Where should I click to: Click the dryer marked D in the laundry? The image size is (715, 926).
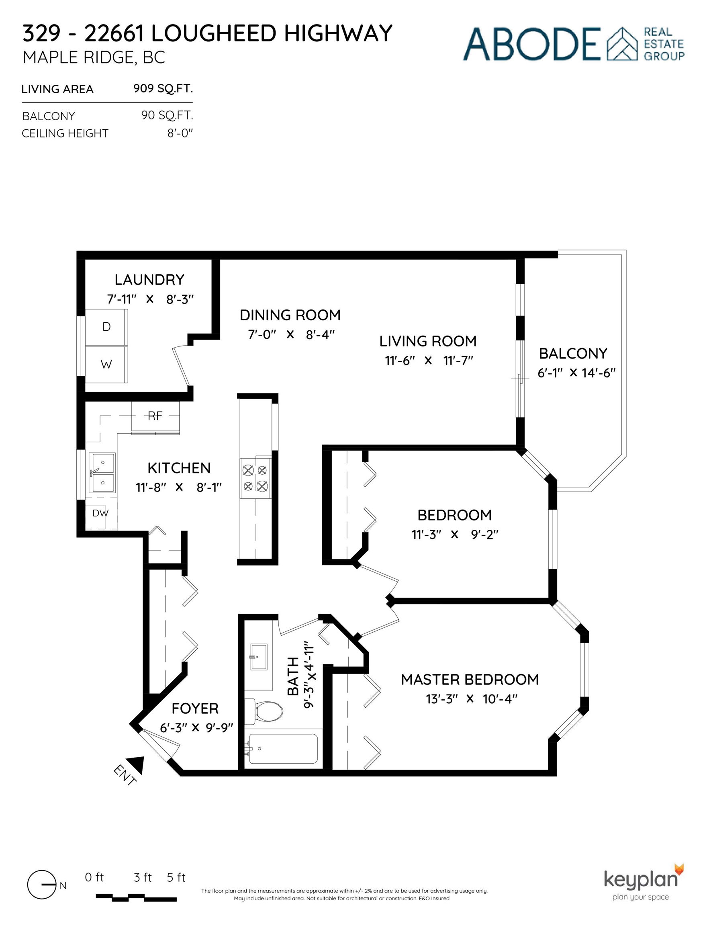click(106, 327)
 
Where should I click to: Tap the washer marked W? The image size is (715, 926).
click(106, 365)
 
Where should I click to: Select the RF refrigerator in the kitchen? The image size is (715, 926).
click(155, 417)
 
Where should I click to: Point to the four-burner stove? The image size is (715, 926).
click(256, 478)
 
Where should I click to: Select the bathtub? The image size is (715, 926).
click(283, 749)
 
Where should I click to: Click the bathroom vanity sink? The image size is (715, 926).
click(259, 657)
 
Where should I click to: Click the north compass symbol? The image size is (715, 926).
click(42, 886)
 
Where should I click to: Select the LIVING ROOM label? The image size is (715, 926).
click(428, 341)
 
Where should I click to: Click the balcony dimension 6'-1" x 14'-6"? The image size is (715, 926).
click(576, 373)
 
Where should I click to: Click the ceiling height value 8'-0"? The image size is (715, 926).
click(180, 133)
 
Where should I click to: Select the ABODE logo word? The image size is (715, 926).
click(532, 44)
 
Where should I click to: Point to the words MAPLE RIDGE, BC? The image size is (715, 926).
click(94, 57)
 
